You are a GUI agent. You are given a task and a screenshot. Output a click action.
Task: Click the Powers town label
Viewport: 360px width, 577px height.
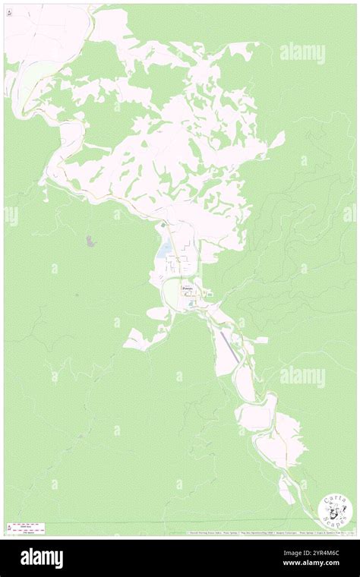point(188,289)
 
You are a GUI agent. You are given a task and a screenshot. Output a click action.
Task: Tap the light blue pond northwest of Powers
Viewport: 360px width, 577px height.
point(165,250)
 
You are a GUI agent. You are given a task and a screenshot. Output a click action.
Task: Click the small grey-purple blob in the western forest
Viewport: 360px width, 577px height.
point(91,241)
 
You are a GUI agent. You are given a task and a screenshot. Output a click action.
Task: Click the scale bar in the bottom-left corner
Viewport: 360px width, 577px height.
point(23,526)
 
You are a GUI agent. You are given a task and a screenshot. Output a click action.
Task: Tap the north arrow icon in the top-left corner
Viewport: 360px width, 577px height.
point(8,11)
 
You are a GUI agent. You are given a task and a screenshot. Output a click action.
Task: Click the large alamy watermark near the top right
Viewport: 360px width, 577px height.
point(302,53)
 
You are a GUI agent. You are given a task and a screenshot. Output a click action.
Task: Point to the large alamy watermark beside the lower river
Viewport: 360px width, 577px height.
point(302,376)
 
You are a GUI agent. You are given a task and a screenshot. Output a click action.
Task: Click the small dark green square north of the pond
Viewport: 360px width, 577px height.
point(162,225)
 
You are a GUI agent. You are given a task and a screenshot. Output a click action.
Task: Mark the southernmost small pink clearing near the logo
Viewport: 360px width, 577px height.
point(286,492)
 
